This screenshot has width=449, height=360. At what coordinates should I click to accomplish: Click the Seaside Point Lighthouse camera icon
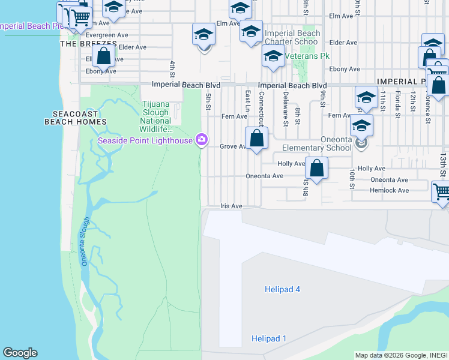202,140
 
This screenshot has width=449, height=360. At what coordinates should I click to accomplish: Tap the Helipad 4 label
282,290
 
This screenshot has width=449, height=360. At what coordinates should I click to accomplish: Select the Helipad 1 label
268,339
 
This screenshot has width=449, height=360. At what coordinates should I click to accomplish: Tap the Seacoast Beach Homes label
75,117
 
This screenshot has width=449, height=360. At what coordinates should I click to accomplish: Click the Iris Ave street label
231,206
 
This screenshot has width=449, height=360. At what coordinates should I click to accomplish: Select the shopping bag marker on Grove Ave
256,139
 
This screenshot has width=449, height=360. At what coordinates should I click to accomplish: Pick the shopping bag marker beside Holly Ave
316,169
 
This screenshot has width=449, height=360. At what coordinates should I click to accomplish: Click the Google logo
20,353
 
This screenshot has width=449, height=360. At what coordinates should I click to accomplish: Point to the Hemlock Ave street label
390,190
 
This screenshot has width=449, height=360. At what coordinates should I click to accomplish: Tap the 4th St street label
172,68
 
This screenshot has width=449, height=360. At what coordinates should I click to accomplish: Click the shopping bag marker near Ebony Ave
104,57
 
